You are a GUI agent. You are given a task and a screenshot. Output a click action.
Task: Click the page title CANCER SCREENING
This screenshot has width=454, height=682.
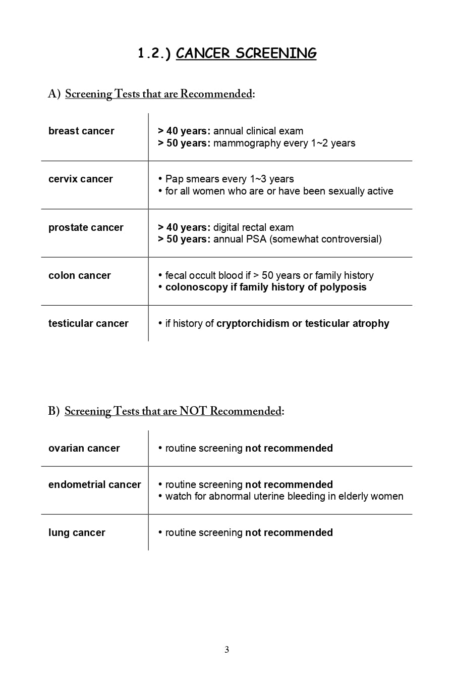pyautogui.click(x=246, y=54)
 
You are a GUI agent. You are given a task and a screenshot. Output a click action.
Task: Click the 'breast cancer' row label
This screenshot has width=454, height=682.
pyautogui.click(x=81, y=131)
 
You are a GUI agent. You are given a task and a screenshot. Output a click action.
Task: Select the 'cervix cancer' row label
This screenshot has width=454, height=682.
pyautogui.click(x=81, y=179)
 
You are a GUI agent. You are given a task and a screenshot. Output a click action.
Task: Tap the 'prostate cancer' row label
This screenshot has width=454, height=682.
pyautogui.click(x=86, y=228)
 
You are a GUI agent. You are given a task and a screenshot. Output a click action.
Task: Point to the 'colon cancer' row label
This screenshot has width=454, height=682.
pyautogui.click(x=80, y=276)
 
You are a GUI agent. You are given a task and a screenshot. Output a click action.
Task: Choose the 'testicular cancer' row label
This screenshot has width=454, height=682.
pyautogui.click(x=88, y=324)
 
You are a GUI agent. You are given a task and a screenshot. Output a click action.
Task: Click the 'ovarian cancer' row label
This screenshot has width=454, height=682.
pyautogui.click(x=84, y=449)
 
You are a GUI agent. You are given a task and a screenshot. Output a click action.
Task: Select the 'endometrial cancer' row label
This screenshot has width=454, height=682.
pyautogui.click(x=95, y=485)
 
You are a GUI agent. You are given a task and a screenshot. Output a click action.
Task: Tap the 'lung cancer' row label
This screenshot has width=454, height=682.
pyautogui.click(x=77, y=533)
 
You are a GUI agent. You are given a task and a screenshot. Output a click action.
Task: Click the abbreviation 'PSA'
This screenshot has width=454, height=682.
pyautogui.click(x=256, y=239)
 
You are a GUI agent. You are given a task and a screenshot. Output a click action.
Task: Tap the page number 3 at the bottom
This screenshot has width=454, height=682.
pyautogui.click(x=226, y=650)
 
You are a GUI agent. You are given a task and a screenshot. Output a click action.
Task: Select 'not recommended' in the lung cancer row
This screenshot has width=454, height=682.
pyautogui.click(x=289, y=533)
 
